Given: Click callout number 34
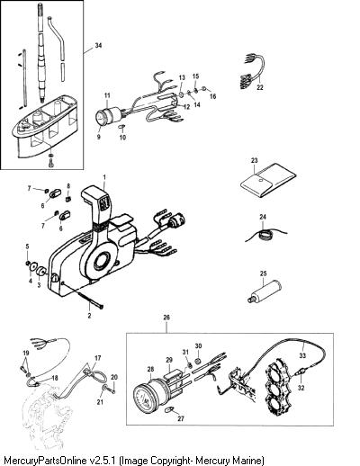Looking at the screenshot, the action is pos(98,45).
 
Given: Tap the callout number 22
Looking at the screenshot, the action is pos(260,87).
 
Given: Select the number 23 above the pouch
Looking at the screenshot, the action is pos(254,160).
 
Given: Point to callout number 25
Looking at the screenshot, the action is pos(263,273).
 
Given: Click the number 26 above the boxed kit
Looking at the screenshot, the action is pos(166,318).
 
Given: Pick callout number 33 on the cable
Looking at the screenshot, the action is pos(302,355).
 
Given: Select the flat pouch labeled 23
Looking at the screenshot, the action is pos(268,181).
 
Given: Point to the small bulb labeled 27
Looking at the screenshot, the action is pos(170,409).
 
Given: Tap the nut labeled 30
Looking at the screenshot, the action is pos(198,361).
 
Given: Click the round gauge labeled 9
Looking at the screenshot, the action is pos(100,118).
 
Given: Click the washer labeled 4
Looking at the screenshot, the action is pos(33,266).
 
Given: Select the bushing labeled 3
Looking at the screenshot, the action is pos(40,272).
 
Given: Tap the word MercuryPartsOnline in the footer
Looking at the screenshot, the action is pos(45,461).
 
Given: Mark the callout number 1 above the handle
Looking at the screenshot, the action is pos(104,177).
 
